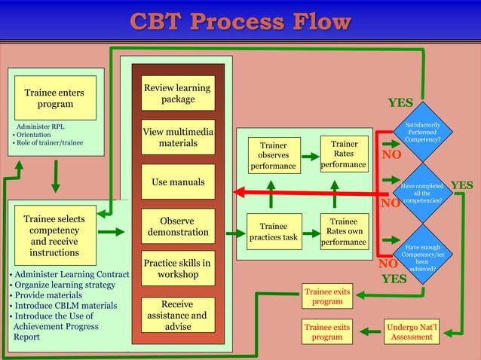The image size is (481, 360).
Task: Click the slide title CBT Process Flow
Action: [x=240, y=21]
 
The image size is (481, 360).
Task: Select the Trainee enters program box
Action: [x=55, y=98]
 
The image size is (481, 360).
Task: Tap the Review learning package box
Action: [x=178, y=93]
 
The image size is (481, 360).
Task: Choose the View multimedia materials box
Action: [x=178, y=137]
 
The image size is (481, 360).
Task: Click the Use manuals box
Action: [x=178, y=182]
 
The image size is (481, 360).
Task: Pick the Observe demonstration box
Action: [x=178, y=226]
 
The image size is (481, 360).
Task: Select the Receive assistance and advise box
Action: [x=178, y=316]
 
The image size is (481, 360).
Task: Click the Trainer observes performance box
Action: [x=273, y=154]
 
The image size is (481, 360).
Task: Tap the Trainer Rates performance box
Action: [x=344, y=153]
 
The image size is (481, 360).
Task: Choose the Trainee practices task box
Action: [x=273, y=232]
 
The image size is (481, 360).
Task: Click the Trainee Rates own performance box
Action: [x=344, y=232]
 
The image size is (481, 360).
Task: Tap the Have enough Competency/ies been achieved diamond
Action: [x=423, y=257]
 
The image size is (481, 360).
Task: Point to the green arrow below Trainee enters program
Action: [x=55, y=175]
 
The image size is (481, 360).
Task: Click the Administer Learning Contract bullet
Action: [x=66, y=274]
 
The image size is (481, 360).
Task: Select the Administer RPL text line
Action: [x=36, y=127]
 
